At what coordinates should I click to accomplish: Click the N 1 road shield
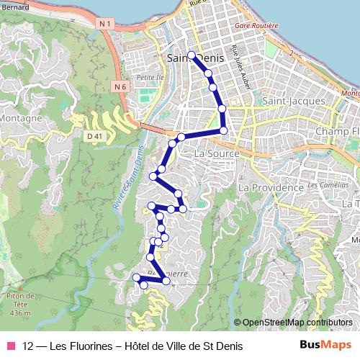click(x=106, y=24)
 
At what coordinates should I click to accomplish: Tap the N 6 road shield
click(x=120, y=86)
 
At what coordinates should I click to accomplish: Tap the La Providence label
click(x=271, y=187)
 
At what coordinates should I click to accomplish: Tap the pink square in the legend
click(x=10, y=346)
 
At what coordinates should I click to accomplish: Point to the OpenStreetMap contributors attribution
click(x=297, y=323)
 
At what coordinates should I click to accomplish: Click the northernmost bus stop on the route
click(x=192, y=55)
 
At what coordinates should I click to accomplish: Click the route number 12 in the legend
click(x=29, y=346)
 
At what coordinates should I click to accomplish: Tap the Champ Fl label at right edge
click(x=338, y=132)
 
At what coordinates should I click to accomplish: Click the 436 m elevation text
click(x=21, y=313)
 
